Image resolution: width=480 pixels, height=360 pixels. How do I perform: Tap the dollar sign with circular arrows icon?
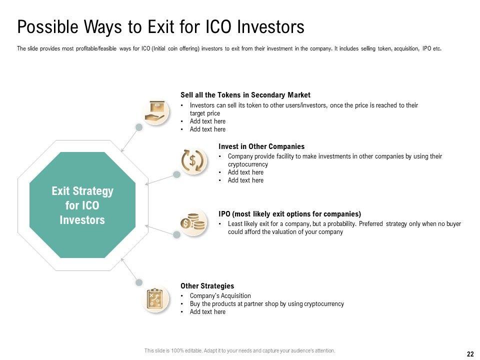click(x=192, y=160)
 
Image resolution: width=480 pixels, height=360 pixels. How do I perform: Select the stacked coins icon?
click(x=192, y=222)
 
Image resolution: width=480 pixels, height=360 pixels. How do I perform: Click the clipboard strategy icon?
click(x=155, y=298)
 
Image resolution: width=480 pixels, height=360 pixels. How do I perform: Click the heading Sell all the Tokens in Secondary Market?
click(x=245, y=95)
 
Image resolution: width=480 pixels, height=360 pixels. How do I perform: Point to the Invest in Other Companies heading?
click(x=261, y=146)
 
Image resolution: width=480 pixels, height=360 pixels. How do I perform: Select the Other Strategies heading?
click(x=207, y=286)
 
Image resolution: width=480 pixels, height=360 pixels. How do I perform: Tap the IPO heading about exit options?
click(x=289, y=214)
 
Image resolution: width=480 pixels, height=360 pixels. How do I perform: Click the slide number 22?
click(x=470, y=354)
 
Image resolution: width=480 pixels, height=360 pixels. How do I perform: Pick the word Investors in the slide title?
click(x=270, y=27)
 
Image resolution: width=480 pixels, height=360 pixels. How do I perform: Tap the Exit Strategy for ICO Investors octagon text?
click(x=82, y=205)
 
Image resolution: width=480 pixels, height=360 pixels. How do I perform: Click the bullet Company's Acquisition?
click(x=220, y=295)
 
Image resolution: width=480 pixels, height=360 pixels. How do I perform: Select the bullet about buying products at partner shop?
click(x=266, y=304)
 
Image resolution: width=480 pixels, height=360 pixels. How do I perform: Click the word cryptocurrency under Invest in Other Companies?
click(x=247, y=164)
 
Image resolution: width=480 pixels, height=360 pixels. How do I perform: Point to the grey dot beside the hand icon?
click(x=139, y=127)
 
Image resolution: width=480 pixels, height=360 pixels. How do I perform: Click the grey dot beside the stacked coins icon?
click(x=176, y=235)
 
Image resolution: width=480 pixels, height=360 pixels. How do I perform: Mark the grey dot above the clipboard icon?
click(x=139, y=282)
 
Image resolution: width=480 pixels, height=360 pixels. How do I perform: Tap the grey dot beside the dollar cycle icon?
click(x=176, y=174)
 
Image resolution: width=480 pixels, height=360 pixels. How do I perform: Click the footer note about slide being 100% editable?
click(x=239, y=351)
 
